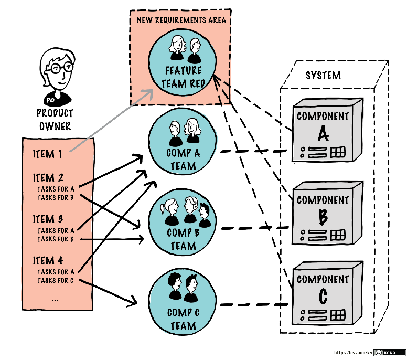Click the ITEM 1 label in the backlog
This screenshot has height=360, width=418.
(x=47, y=154)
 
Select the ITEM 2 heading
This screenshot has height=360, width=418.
(x=48, y=178)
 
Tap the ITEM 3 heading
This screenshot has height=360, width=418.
(x=48, y=219)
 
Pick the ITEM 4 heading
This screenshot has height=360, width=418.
(x=48, y=260)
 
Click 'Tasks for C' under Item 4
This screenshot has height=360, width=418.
(x=56, y=281)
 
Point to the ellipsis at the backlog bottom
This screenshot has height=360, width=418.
(x=56, y=299)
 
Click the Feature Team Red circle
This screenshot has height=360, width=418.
(x=182, y=66)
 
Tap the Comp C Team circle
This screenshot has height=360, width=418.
(x=183, y=302)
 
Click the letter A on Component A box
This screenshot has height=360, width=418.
(x=323, y=135)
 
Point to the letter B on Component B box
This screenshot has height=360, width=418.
(x=323, y=216)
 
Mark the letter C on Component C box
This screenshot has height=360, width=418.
(x=323, y=297)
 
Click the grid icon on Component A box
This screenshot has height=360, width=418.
(x=338, y=152)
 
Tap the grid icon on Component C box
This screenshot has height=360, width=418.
(x=338, y=315)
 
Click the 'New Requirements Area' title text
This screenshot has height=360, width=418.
(x=181, y=20)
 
